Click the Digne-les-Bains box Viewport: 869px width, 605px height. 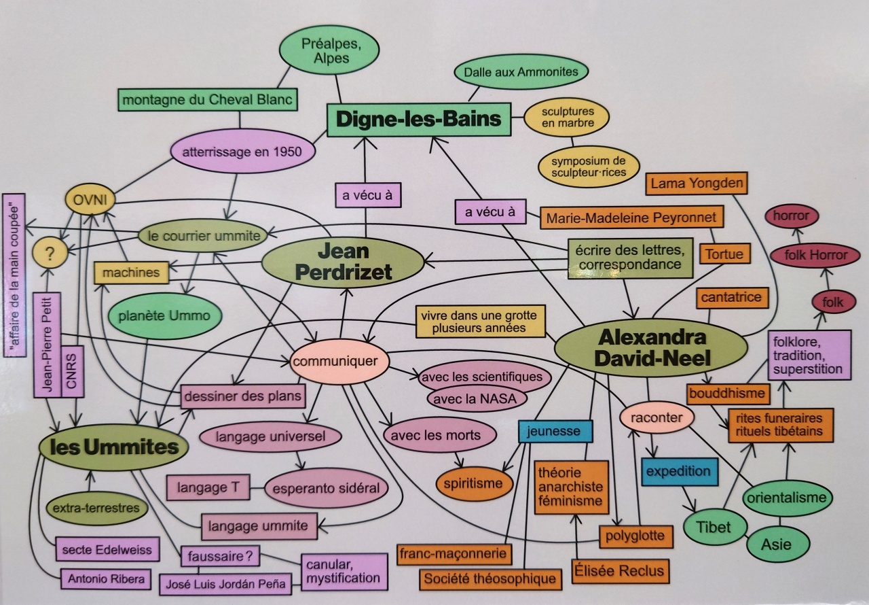point(419,120)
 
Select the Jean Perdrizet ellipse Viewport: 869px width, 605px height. point(344,262)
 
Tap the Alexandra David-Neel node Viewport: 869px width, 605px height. point(651,348)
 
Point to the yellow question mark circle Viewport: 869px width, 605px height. point(50,254)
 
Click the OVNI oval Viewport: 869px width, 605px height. point(90,200)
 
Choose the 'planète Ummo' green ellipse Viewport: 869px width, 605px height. point(164,315)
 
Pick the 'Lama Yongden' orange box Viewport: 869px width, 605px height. point(697,184)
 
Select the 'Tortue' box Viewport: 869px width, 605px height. point(724,254)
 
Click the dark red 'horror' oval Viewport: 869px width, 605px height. point(791,215)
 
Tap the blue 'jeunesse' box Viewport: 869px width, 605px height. point(555,431)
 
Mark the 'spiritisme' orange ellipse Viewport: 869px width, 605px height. point(474,484)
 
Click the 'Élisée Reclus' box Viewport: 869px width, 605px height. point(621,571)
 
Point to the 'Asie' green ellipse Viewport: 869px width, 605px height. point(778,544)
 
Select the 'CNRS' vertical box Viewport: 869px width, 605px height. point(72,371)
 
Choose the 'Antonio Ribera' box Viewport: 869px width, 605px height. point(106,579)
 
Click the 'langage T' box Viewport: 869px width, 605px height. point(208,487)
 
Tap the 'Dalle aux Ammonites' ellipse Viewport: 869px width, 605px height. point(521,72)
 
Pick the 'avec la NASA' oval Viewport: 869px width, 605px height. point(477,399)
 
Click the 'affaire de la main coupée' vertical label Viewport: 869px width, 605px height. point(15,275)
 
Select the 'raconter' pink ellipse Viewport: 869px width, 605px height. point(657,418)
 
